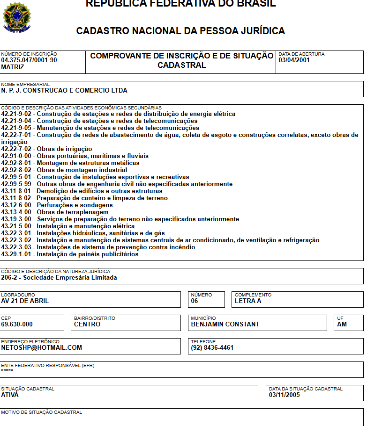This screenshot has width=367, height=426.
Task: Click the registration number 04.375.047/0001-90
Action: click(29, 60)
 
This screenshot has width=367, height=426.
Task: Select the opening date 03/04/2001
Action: click(294, 60)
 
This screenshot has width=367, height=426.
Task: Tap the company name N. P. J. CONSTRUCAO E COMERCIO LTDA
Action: click(64, 91)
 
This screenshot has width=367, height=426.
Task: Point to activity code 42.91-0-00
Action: click(17, 156)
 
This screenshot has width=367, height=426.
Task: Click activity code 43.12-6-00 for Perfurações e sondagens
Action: click(17, 205)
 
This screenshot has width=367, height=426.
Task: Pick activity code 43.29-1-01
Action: click(17, 254)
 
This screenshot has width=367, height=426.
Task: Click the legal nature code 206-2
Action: click(10, 278)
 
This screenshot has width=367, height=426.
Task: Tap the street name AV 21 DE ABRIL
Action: click(25, 301)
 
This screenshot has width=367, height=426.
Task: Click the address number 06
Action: click(195, 301)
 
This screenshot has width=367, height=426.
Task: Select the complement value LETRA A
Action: click(248, 301)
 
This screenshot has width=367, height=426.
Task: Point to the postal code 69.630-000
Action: click(17, 325)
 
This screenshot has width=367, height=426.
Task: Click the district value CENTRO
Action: click(87, 325)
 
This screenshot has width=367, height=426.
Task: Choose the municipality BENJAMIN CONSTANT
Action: click(225, 325)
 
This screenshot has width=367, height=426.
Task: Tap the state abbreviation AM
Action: click(342, 325)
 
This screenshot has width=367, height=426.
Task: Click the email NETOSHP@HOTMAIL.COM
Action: click(42, 348)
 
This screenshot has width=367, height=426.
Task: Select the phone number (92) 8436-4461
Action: click(212, 348)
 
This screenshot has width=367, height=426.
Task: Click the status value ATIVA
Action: click(10, 395)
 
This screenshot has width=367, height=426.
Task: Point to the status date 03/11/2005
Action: click(284, 395)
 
